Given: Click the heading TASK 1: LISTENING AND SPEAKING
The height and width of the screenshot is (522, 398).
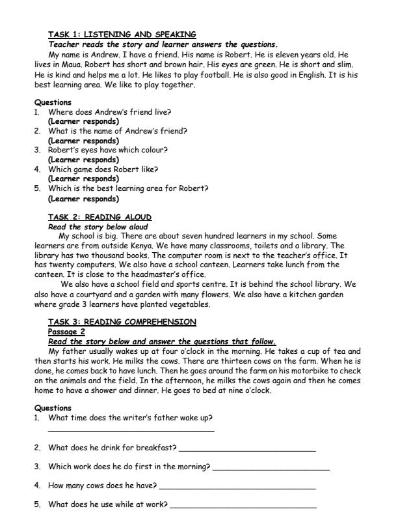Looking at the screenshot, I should point(122,34).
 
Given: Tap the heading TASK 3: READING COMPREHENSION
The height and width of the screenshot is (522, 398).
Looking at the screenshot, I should point(122,321).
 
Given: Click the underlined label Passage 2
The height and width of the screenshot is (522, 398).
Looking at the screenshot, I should point(66,331).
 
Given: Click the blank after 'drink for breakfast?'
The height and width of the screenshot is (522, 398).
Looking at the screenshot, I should point(246,450).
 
